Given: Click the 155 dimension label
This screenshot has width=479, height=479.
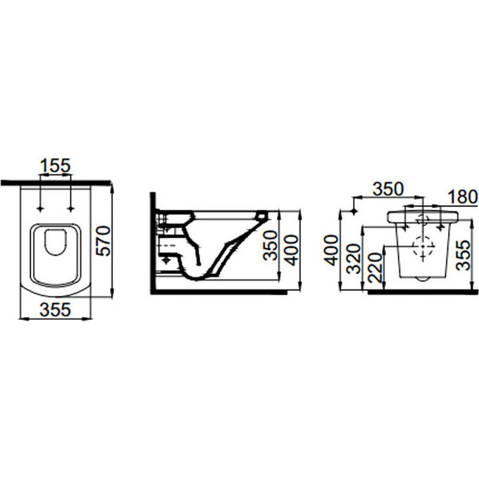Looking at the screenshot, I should (56, 166).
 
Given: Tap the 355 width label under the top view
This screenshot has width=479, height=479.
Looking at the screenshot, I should (56, 309).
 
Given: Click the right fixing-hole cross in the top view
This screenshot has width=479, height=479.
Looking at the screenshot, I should (71, 209).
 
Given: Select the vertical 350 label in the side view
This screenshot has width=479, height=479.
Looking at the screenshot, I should (270, 244).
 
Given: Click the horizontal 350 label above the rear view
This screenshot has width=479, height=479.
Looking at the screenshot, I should (388, 189).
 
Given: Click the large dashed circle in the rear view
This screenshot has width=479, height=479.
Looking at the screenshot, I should (422, 247).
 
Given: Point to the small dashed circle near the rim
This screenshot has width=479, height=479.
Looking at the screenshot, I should (422, 219).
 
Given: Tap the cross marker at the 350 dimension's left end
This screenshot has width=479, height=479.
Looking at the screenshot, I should (353, 211).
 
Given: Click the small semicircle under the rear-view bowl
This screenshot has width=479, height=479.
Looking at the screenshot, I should (422, 280).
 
